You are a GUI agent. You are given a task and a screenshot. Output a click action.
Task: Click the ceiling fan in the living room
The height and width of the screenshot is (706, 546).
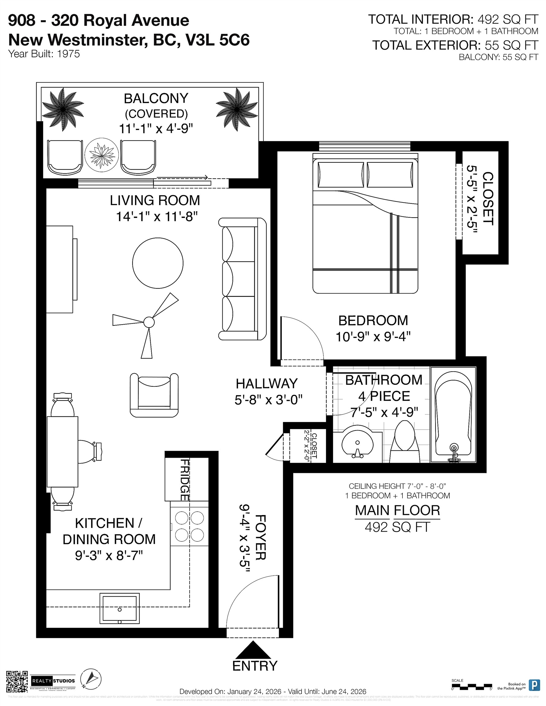[148, 322]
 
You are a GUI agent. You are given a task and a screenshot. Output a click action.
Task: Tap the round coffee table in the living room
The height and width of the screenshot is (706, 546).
[158, 263]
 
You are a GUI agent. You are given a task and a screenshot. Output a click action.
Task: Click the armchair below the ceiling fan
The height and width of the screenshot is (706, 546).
[154, 395]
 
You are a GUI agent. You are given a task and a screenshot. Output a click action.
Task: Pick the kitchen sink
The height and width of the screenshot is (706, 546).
[119, 608]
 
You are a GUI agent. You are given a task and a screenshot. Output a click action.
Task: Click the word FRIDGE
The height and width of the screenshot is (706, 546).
[184, 480]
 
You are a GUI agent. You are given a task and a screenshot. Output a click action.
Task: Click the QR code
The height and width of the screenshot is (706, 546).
[17, 682]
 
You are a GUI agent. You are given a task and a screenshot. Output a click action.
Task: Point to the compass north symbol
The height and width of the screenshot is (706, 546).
[91, 678]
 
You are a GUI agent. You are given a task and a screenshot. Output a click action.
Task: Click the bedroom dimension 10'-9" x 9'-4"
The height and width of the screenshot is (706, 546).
[373, 337]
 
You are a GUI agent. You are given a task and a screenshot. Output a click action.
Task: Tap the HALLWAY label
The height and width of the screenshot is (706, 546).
[266, 384]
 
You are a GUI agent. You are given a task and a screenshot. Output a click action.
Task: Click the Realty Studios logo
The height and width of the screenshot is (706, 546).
[53, 681]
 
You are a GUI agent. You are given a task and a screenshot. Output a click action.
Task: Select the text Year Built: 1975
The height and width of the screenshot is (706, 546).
[44, 54]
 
